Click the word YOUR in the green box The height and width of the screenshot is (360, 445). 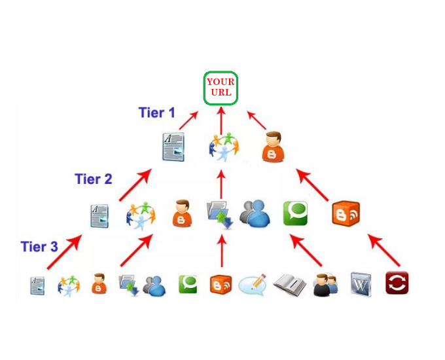[x=221, y=82]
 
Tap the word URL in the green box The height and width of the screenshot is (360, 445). [x=221, y=92]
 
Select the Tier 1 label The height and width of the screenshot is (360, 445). [x=156, y=113]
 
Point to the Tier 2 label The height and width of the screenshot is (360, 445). [x=94, y=179]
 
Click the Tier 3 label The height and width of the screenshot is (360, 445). [x=39, y=247]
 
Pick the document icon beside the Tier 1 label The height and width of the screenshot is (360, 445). [x=173, y=147]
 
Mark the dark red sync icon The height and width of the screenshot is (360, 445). [x=397, y=283]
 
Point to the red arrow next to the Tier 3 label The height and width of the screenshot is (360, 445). [x=64, y=251]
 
